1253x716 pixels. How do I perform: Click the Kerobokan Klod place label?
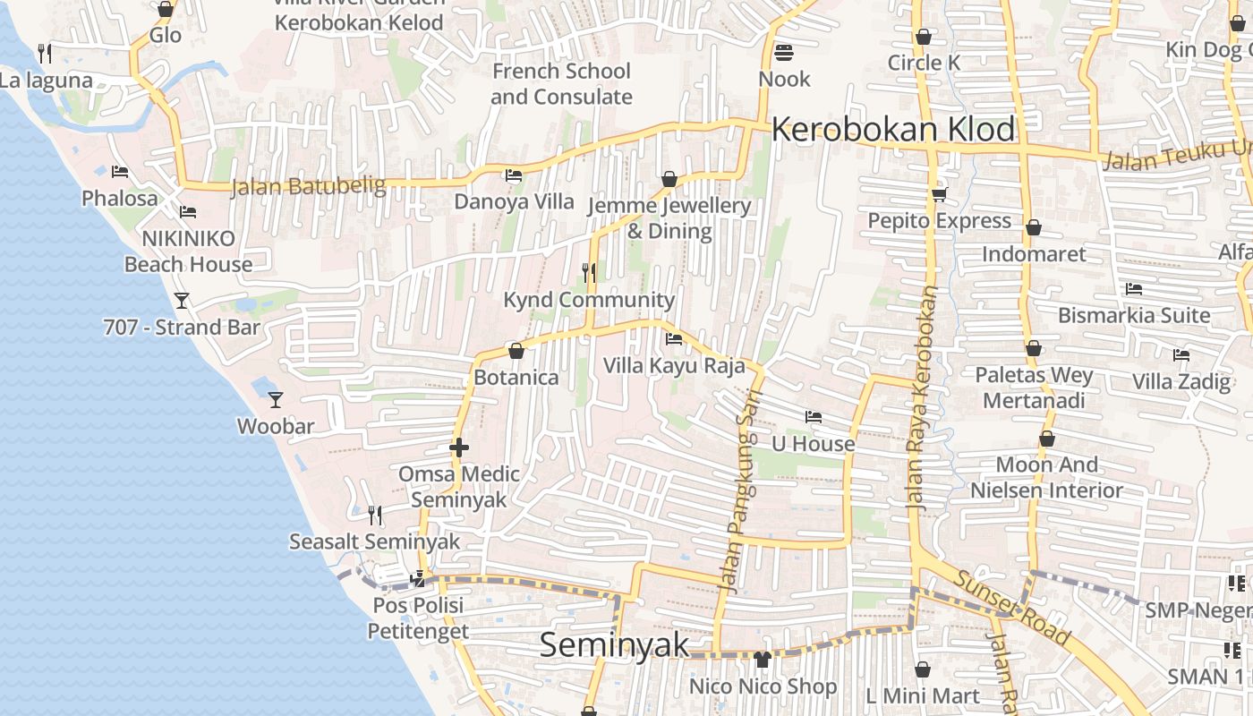click(x=893, y=130)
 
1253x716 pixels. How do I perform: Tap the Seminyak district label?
click(x=614, y=645)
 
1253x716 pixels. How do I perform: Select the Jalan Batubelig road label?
click(x=308, y=187)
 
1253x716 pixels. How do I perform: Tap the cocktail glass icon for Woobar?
click(x=276, y=399)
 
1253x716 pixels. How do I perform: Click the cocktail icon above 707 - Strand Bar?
click(x=182, y=301)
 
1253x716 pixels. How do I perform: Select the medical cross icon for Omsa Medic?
click(x=459, y=447)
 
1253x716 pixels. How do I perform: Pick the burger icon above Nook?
click(x=784, y=53)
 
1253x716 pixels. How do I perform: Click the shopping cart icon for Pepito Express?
click(x=939, y=193)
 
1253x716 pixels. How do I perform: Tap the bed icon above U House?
click(x=814, y=417)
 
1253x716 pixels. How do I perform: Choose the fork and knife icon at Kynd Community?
click(x=589, y=272)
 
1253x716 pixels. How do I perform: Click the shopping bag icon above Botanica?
click(x=516, y=351)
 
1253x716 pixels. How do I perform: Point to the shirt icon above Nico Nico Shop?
click(x=763, y=660)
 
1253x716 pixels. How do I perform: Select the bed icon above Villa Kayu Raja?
click(x=674, y=339)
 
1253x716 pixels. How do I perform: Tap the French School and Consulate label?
click(x=561, y=83)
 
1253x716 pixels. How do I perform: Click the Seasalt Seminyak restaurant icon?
click(x=375, y=515)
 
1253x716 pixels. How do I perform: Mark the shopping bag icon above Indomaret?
click(x=1033, y=227)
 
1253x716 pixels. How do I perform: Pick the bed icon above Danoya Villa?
click(x=514, y=175)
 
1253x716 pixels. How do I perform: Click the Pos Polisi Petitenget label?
click(x=418, y=618)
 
